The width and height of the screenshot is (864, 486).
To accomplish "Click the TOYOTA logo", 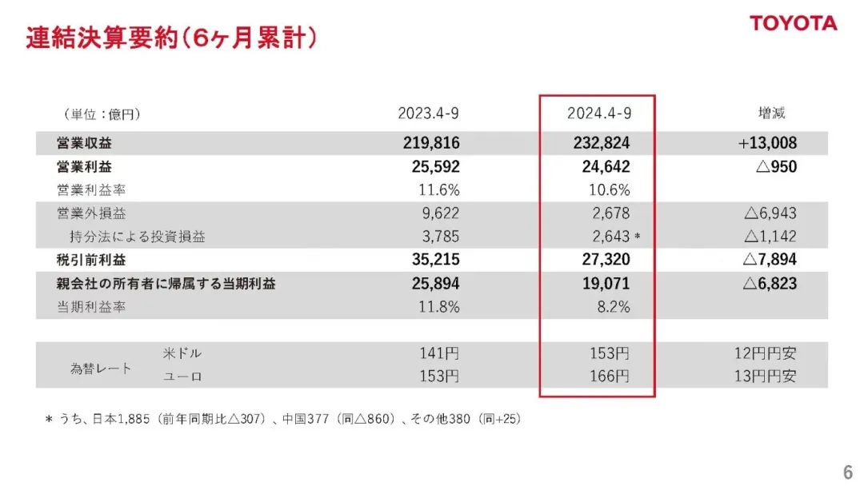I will coord(793,23).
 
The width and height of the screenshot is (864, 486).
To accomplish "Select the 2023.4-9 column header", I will coord(428,114).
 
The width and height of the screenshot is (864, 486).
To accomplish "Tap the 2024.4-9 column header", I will coord(599,114).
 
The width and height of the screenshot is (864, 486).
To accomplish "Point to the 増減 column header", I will coord(771,114).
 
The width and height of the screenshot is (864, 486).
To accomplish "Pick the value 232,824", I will coord(599,143).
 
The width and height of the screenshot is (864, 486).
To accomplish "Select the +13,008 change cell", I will coord(767,143).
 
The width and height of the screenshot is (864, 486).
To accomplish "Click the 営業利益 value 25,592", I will coord(432,167).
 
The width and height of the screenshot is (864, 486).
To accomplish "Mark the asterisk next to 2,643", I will coord(637,237).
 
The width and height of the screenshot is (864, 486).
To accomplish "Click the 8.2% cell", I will coord(612,307).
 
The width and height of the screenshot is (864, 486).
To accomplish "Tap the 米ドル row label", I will coord(176,353).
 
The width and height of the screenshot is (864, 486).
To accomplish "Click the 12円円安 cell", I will coord(765,353).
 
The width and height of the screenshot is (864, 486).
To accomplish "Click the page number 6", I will coord(846,470).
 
